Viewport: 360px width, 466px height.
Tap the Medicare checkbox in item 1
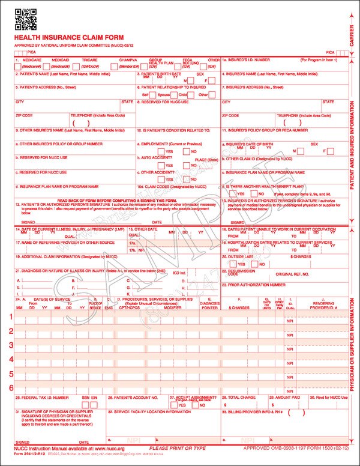tap(16, 66)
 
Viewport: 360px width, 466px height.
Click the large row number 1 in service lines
tap(11, 316)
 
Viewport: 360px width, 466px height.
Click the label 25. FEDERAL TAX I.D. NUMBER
tap(40, 398)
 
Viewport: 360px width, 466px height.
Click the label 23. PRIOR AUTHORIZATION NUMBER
tap(253, 284)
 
